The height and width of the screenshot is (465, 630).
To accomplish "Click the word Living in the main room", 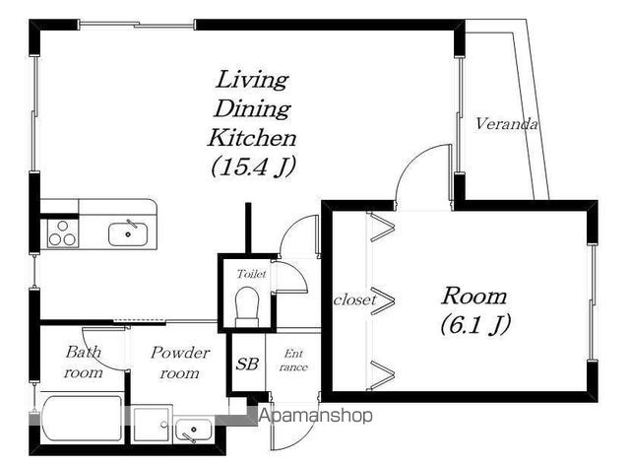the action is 252,80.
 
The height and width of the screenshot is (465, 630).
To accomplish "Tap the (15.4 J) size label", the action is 253,166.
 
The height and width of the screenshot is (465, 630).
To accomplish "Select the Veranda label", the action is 506,123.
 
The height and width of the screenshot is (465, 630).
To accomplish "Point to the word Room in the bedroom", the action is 474,297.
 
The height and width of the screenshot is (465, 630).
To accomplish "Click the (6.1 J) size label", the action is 475,324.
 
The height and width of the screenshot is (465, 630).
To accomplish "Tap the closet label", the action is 354,299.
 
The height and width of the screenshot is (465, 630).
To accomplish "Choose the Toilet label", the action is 252,274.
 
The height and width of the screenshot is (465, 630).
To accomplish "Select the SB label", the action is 247,365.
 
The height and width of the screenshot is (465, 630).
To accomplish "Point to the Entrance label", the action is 293,361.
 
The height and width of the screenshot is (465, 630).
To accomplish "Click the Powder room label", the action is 180,363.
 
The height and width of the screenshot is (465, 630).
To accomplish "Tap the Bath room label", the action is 83,362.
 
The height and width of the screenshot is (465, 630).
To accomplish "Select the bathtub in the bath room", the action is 83,419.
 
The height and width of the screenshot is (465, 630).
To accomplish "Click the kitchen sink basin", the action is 128,234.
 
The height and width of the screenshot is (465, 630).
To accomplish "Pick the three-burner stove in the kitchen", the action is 63,233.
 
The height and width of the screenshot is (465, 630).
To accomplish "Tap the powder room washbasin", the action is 194,430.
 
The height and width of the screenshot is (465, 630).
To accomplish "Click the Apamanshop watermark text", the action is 316,415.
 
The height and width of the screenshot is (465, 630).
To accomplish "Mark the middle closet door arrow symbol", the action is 383,299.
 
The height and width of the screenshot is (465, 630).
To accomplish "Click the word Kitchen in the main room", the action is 252,138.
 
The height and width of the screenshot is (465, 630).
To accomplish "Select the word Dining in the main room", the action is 252,108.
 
